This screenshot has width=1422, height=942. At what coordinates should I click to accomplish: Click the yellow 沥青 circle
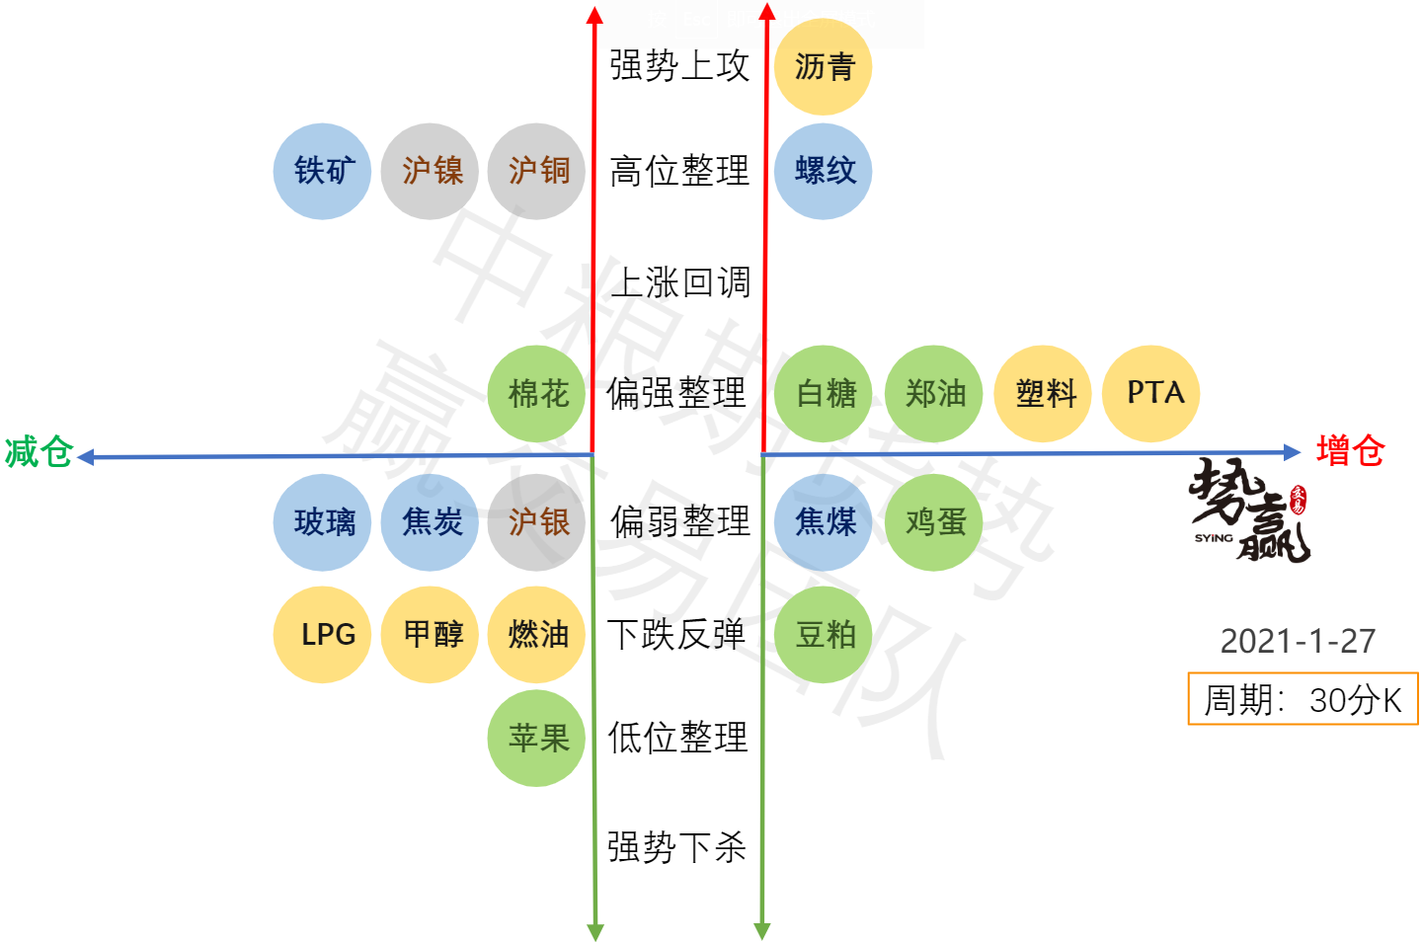tap(824, 67)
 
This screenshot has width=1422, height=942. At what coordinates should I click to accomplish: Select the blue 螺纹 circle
tap(824, 171)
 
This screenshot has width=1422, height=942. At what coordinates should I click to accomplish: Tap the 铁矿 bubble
tap(322, 171)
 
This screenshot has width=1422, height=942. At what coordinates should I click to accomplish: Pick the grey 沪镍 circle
tap(431, 171)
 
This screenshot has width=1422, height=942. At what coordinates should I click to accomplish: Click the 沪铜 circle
tap(537, 171)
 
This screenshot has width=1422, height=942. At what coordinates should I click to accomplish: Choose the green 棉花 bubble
tap(537, 394)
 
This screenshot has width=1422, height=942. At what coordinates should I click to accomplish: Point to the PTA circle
tap(1151, 394)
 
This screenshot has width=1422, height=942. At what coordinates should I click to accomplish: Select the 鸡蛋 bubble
tap(934, 522)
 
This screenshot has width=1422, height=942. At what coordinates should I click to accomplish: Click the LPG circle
tap(322, 634)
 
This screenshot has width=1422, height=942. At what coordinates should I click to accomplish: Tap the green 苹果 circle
tap(537, 738)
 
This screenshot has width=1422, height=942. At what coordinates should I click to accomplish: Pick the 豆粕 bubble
tap(824, 634)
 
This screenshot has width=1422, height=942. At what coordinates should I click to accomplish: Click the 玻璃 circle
tap(322, 522)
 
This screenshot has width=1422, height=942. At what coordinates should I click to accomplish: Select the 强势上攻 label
tap(679, 66)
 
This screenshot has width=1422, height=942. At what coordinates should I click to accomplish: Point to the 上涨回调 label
tap(680, 282)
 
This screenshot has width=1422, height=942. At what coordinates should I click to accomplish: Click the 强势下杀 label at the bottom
tap(676, 847)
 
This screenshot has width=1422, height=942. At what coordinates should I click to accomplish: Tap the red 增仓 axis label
tap(1350, 451)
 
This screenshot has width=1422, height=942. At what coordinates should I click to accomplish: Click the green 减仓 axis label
tap(39, 452)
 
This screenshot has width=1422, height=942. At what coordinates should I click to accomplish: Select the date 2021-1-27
tap(1298, 642)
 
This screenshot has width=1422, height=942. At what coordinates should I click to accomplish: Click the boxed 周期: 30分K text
tap(1303, 700)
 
